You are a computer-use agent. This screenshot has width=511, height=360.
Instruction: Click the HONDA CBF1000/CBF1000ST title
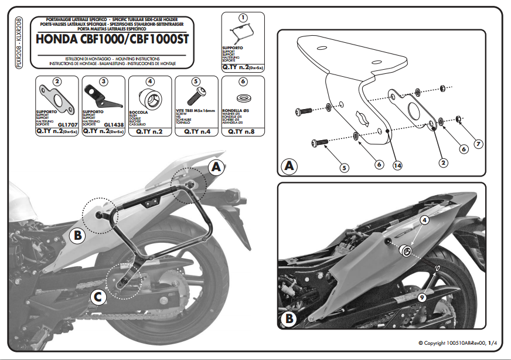click(115, 40)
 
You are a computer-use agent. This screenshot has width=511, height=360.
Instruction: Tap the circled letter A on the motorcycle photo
click(216, 167)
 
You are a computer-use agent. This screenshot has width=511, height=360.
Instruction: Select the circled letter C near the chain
click(98, 298)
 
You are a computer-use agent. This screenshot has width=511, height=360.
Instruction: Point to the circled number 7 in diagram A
click(478, 143)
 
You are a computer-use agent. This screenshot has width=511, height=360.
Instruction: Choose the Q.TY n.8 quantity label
click(241, 132)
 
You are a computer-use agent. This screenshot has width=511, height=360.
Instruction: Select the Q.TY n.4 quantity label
click(196, 132)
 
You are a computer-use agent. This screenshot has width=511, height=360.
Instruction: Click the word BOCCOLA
click(139, 112)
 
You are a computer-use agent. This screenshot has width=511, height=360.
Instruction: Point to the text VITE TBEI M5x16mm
click(196, 111)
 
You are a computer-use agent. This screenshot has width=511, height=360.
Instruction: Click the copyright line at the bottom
click(457, 343)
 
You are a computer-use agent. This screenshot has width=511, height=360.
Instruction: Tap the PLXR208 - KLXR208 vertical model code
click(21, 45)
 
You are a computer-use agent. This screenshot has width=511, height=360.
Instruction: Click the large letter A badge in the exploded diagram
click(289, 165)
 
